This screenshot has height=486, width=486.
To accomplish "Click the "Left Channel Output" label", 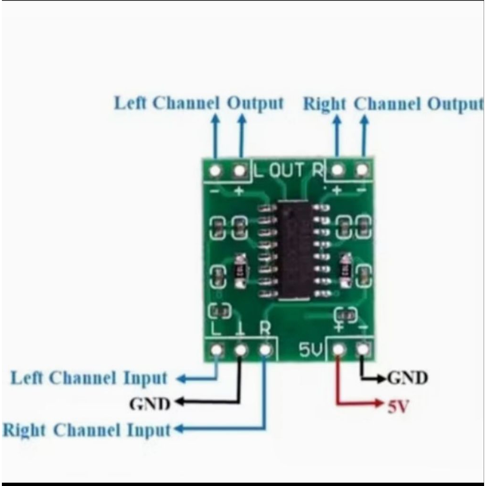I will click(x=199, y=103).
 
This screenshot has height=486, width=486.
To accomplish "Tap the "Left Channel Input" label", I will click(x=89, y=379).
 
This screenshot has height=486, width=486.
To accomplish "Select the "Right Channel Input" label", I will click(x=86, y=430).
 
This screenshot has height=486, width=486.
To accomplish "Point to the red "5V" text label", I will click(x=398, y=407).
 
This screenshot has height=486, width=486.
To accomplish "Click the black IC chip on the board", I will click(x=294, y=250).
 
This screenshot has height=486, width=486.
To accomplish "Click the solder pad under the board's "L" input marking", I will click(x=217, y=350).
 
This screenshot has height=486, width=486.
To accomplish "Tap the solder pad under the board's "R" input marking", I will click(x=266, y=350).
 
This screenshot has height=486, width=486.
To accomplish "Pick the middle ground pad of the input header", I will click(x=241, y=350).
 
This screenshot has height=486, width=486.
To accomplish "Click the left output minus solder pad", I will click(x=216, y=169).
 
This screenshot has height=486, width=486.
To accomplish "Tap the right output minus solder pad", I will click(x=362, y=169).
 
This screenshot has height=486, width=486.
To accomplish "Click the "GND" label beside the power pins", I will click(x=408, y=378).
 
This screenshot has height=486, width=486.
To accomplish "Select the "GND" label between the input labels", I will click(x=150, y=404).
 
